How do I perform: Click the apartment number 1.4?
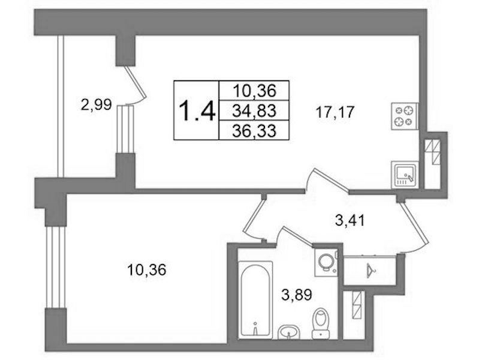click(197, 111)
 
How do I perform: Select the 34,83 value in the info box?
click(254, 110)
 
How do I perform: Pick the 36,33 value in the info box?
click(254, 131)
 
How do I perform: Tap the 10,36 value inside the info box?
click(254, 91)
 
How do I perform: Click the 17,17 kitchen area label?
click(335, 112)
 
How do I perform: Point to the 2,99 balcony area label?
click(97, 105)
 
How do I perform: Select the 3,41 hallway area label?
click(350, 220)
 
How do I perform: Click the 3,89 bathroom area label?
click(297, 295)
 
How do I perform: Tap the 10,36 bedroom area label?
click(147, 270)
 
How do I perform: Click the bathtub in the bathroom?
click(255, 300)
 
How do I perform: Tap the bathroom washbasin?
click(289, 332)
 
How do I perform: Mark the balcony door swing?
click(136, 86)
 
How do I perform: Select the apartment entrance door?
click(415, 226)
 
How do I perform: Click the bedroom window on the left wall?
click(56, 267)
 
